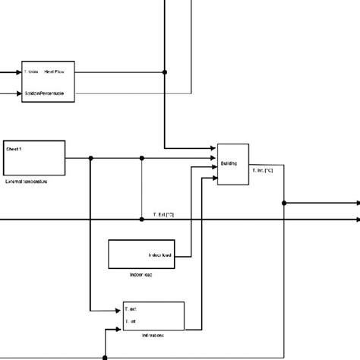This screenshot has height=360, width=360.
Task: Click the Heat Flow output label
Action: [x=55, y=72]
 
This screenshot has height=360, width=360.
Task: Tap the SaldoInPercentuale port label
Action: [x=44, y=93]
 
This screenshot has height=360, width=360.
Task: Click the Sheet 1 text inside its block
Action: [x=14, y=150]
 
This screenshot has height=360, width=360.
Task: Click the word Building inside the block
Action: [x=229, y=163]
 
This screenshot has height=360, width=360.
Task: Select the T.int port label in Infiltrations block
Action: [x=131, y=322]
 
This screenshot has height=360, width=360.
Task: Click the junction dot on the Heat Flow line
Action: [x=166, y=73]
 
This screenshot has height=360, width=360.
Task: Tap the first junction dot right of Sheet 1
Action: [x=90, y=159]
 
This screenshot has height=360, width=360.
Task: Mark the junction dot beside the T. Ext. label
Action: [x=142, y=219]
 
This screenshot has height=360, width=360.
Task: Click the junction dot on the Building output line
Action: [x=284, y=203]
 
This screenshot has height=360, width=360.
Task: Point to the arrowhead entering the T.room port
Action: [x=18, y=73]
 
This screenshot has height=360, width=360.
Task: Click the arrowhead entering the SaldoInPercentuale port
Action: [x=18, y=94]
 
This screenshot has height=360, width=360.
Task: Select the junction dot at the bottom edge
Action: [x=104, y=357]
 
